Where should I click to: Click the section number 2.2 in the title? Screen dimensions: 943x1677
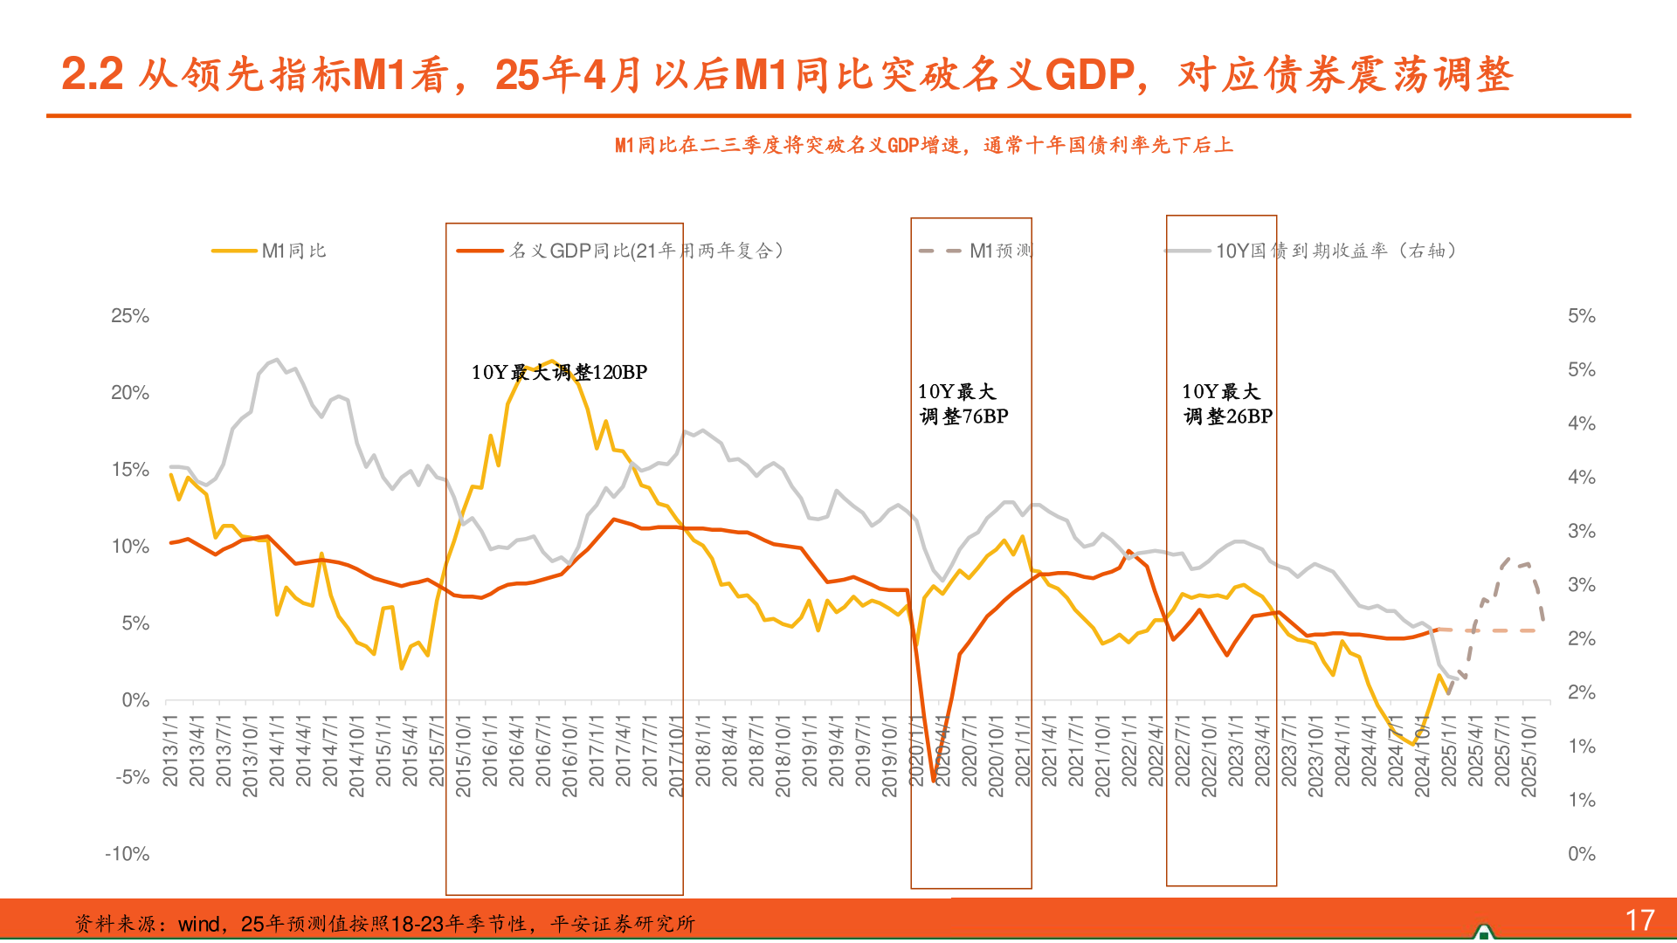(x=92, y=74)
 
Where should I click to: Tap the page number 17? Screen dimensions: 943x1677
(x=1639, y=920)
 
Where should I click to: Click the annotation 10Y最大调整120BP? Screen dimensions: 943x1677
(x=559, y=372)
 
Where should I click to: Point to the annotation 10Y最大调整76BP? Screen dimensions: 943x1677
(x=963, y=403)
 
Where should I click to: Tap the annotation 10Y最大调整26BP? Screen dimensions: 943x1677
(x=1226, y=403)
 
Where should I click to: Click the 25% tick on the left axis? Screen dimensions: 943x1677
(x=130, y=316)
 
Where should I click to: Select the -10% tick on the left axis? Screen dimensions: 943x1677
(x=128, y=854)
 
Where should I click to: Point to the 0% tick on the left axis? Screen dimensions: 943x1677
(x=135, y=700)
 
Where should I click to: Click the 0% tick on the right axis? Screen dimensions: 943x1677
(x=1581, y=854)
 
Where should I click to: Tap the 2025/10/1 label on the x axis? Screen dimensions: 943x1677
(x=1529, y=756)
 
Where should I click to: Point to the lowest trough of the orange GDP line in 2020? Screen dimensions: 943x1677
(x=934, y=780)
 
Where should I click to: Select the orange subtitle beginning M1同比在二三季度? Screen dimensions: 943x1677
(x=923, y=145)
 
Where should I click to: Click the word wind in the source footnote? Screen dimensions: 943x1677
(x=198, y=924)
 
